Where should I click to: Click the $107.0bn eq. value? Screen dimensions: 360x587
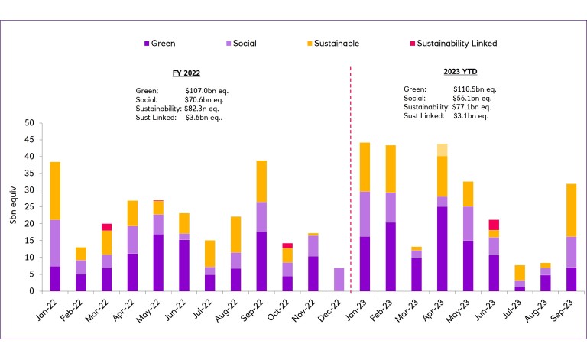206,90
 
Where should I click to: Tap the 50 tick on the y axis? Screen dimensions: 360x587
29,123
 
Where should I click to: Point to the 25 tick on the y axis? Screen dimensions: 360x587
29,207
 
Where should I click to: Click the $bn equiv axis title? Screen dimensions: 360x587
11,207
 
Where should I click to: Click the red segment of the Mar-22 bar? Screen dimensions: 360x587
106,227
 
